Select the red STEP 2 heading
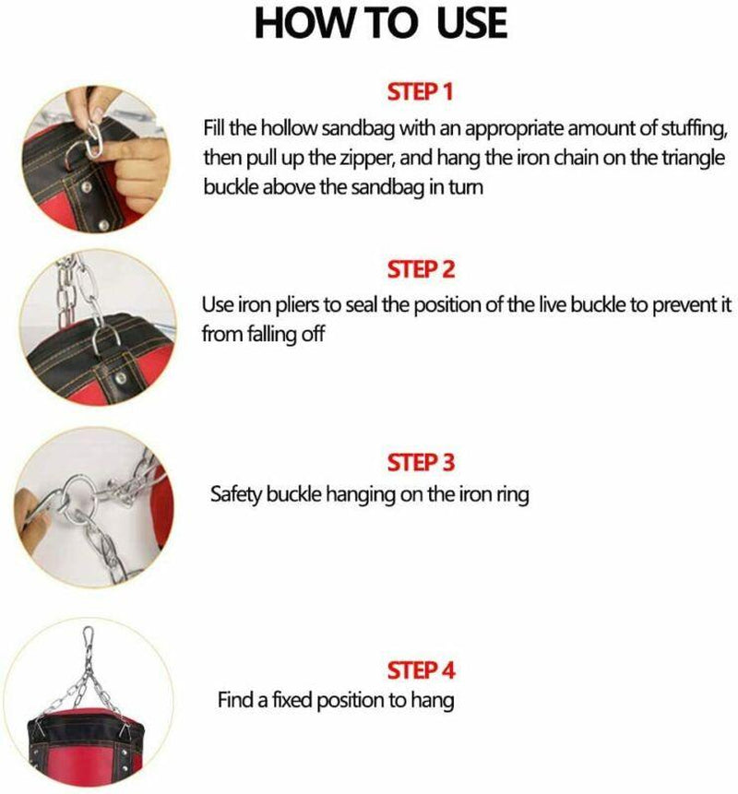[x=422, y=270]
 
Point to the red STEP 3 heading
[x=422, y=461]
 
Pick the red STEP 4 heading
[x=422, y=669]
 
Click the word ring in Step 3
[x=511, y=494]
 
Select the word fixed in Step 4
[x=284, y=700]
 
